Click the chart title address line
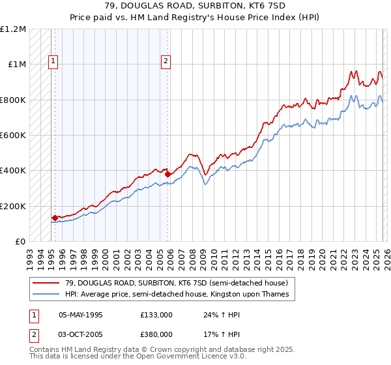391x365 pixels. [195, 7]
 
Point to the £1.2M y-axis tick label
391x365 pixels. [13, 29]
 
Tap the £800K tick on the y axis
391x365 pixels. [13, 100]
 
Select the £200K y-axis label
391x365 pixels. [13, 206]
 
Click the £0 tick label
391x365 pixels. [20, 241]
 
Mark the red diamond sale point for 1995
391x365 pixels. [55, 218]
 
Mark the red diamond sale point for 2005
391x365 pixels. [167, 174]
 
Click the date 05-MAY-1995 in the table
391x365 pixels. [80, 314]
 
